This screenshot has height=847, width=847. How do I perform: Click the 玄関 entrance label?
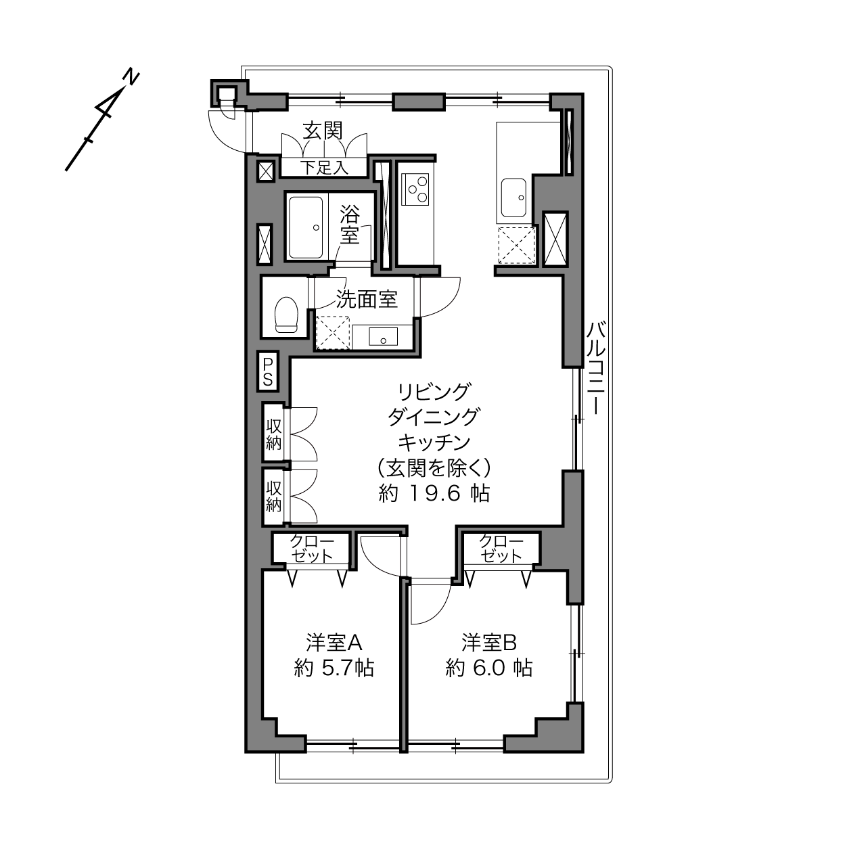323,131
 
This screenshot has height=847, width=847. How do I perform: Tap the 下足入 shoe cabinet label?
324,168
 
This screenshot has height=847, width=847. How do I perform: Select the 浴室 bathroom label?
350,225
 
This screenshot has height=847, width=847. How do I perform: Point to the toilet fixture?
286,315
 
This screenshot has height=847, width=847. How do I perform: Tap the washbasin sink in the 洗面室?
384,337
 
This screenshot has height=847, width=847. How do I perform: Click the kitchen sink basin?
514,198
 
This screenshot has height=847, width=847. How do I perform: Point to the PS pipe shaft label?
268,371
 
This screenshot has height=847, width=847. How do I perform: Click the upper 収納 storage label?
274,434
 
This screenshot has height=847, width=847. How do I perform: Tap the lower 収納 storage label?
274,497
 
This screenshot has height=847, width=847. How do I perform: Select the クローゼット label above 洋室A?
312,549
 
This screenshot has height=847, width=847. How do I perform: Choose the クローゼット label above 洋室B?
501,549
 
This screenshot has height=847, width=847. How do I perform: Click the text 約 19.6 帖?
434,494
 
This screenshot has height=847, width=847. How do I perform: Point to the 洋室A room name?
334,643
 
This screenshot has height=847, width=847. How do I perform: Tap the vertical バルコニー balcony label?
596,368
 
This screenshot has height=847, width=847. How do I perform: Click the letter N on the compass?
131,76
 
